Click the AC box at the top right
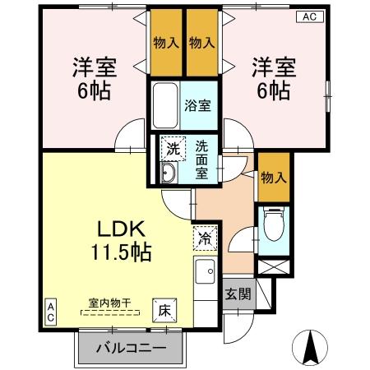(311, 16)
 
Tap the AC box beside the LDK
(51, 312)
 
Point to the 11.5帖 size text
(123, 252)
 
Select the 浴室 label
(197, 105)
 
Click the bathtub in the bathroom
(165, 104)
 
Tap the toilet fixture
(271, 222)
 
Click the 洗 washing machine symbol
(173, 149)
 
